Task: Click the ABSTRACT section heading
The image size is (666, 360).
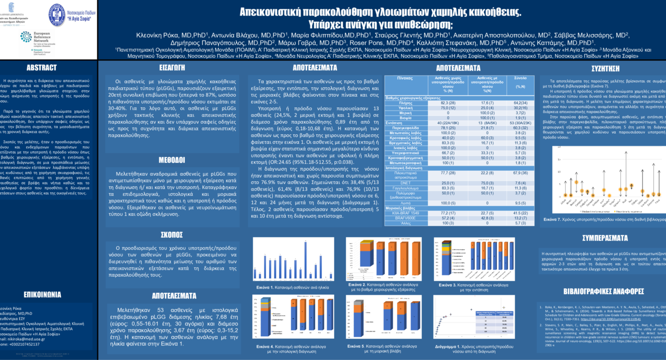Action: pyautogui.click(x=41, y=68)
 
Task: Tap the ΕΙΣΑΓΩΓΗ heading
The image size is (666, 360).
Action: pyautogui.click(x=172, y=68)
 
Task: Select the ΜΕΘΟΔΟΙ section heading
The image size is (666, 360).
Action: pyautogui.click(x=172, y=160)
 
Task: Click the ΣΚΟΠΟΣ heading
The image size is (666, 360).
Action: pyautogui.click(x=172, y=234)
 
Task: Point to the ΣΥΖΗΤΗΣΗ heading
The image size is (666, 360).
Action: pyautogui.click(x=605, y=69)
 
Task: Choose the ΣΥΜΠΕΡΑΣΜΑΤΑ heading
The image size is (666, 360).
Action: pyautogui.click(x=605, y=238)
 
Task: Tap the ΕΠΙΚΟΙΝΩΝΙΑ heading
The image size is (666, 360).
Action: pyautogui.click(x=42, y=294)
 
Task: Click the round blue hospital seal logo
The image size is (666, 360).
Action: pyautogui.click(x=57, y=15)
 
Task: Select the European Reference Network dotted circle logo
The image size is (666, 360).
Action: pyautogui.click(x=26, y=37)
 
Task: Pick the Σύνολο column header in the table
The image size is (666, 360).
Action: pyautogui.click(x=520, y=78)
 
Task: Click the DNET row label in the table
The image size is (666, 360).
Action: pyautogui.click(x=405, y=183)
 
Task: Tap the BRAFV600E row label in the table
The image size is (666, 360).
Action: pyautogui.click(x=405, y=217)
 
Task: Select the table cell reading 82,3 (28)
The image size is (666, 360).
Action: pyautogui.click(x=448, y=103)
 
